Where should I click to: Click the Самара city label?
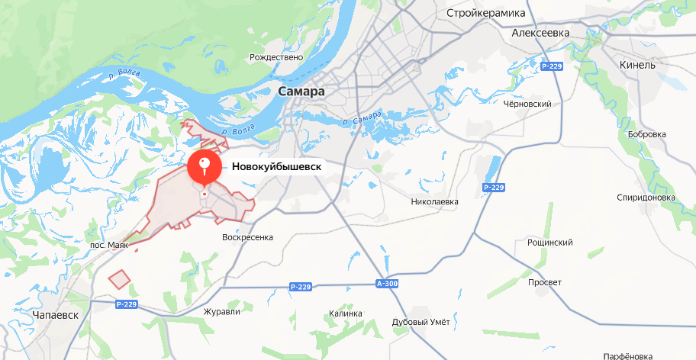(x=302, y=92)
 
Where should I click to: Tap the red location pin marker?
(x=205, y=168)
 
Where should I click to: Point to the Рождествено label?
(x=276, y=57)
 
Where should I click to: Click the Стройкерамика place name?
(x=486, y=13)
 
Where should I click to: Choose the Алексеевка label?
(x=541, y=34)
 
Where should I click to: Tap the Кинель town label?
(x=637, y=65)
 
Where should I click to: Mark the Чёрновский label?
(x=527, y=104)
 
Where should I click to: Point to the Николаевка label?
(x=434, y=202)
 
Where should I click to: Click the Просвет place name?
(x=545, y=282)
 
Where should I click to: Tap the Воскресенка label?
(x=247, y=237)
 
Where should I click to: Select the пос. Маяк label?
(x=109, y=246)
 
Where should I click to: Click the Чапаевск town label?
(x=56, y=314)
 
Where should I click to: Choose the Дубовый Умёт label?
(x=420, y=322)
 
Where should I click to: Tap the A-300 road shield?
(x=388, y=284)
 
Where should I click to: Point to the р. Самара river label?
(x=362, y=120)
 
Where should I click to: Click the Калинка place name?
(x=345, y=313)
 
